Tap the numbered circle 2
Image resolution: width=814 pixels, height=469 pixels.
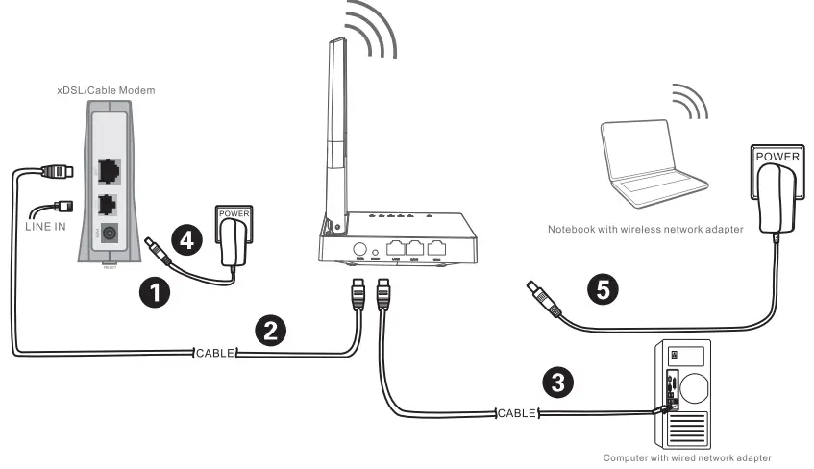[x=270, y=331]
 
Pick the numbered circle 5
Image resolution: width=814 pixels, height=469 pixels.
[x=603, y=289]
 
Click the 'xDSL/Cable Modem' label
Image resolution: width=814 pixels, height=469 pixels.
[x=106, y=90]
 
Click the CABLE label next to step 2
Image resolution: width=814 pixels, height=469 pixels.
[x=215, y=354]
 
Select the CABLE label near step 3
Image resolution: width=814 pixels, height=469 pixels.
[x=517, y=413]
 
